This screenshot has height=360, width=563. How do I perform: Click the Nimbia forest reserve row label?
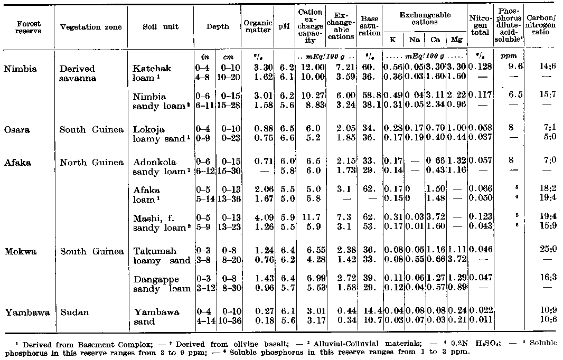(17, 68)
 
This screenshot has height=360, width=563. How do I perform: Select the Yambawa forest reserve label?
(25, 312)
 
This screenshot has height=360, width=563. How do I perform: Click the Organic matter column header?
(258, 26)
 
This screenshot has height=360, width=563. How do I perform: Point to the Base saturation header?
(369, 26)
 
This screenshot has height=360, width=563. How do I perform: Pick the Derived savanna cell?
(78, 73)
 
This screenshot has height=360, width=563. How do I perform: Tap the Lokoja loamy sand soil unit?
(157, 132)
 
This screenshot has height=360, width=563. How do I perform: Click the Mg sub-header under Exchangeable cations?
(454, 40)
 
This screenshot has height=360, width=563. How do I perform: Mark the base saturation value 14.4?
(369, 312)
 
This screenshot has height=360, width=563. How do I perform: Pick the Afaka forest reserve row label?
(16, 162)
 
